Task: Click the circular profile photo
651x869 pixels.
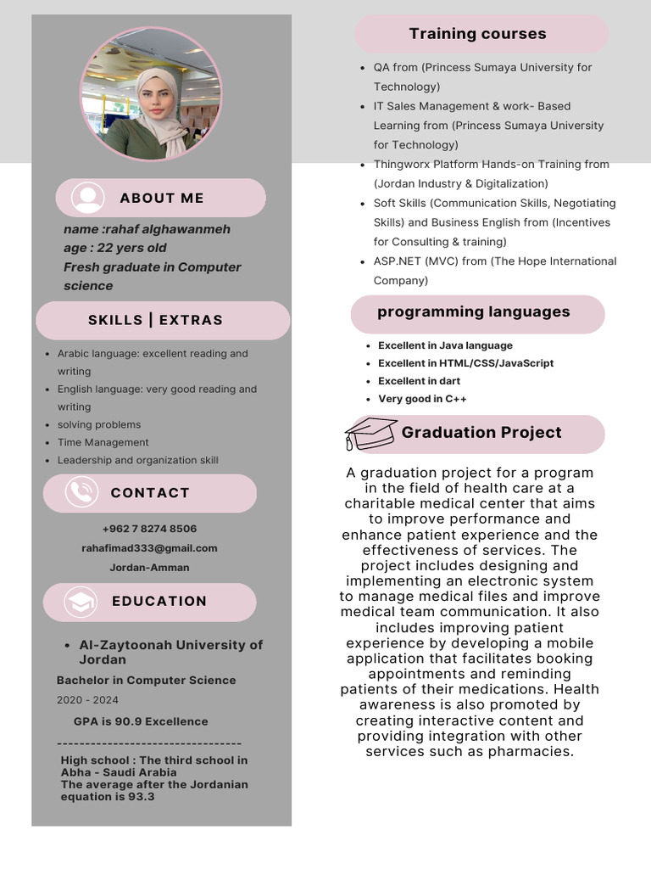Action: coord(151,94)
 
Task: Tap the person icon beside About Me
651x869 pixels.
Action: coord(88,198)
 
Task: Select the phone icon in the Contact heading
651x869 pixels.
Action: coord(81,492)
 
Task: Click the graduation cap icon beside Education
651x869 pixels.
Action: coord(81,602)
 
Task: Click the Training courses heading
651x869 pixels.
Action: coord(477,34)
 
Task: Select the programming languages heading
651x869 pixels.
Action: coord(473,311)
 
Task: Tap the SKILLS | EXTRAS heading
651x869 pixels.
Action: coord(155,320)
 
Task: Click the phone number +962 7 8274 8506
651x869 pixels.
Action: coord(149,529)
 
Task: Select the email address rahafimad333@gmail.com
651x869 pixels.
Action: coord(149,548)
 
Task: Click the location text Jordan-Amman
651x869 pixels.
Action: coord(149,568)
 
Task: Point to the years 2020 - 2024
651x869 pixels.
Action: coord(87,700)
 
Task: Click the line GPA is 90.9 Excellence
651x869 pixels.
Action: coord(141,721)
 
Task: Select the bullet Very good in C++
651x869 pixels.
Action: coord(422,399)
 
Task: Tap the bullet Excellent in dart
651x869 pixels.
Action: coord(419,381)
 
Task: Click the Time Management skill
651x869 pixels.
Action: coord(103,442)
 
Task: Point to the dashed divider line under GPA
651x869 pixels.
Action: coord(149,743)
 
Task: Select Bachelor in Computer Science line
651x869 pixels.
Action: coord(146,680)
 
